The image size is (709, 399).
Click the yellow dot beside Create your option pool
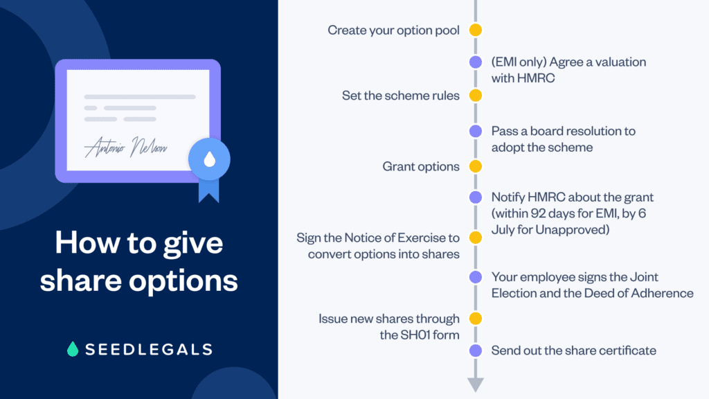tap(475, 30)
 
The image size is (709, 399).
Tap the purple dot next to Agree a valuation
tap(475, 62)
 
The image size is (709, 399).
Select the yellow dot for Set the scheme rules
tap(475, 96)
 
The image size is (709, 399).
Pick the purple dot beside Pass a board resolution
tap(475, 130)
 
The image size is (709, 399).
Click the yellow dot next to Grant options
tap(475, 166)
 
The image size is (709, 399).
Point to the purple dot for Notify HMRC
tap(475, 197)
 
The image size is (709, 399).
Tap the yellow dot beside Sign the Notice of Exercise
tap(475, 238)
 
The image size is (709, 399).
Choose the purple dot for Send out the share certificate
tap(475, 351)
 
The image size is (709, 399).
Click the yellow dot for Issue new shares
tap(475, 319)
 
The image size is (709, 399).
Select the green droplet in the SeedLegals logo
tap(73, 349)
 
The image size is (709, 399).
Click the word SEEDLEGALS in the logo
tap(148, 349)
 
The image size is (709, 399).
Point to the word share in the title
tap(78, 281)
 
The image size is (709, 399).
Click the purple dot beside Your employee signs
tap(475, 277)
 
